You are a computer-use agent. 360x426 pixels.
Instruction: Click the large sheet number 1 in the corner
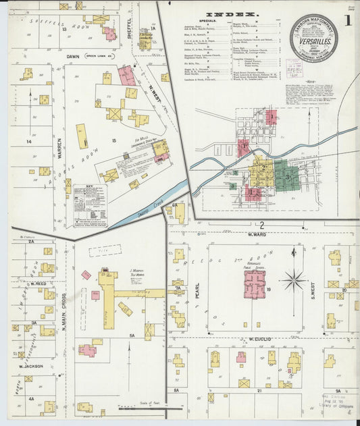point(347,20)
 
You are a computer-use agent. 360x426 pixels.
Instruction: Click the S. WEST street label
point(313,290)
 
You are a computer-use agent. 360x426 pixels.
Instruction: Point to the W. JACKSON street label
point(32,367)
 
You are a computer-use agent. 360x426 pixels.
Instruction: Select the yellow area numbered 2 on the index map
point(261,172)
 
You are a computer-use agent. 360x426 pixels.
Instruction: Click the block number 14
point(28,142)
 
